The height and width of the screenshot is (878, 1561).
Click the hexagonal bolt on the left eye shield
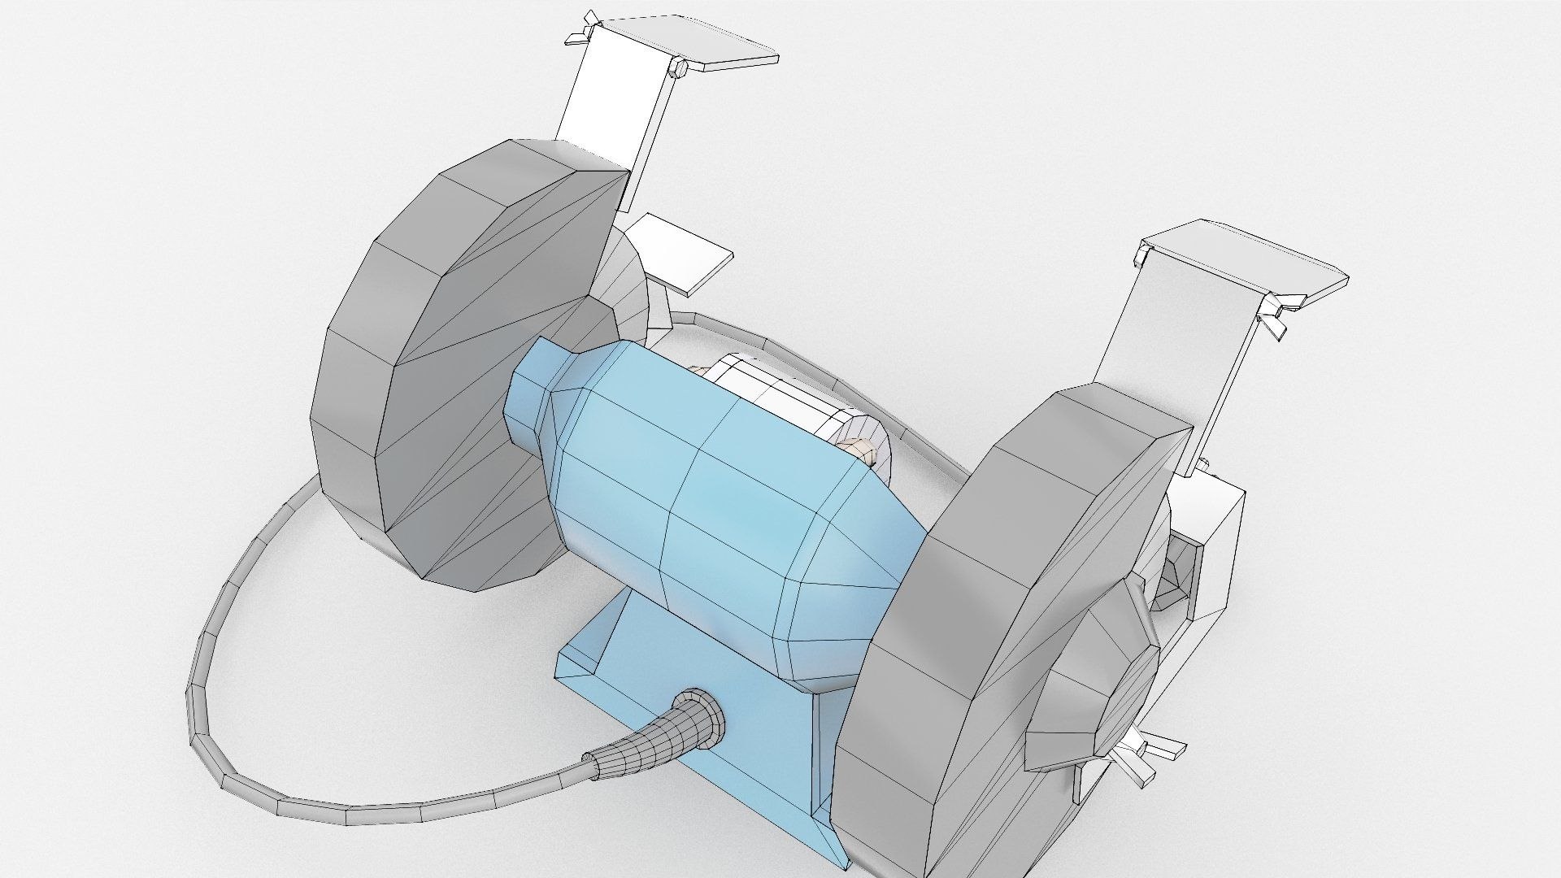677,69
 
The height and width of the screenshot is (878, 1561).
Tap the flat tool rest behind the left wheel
683,256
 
